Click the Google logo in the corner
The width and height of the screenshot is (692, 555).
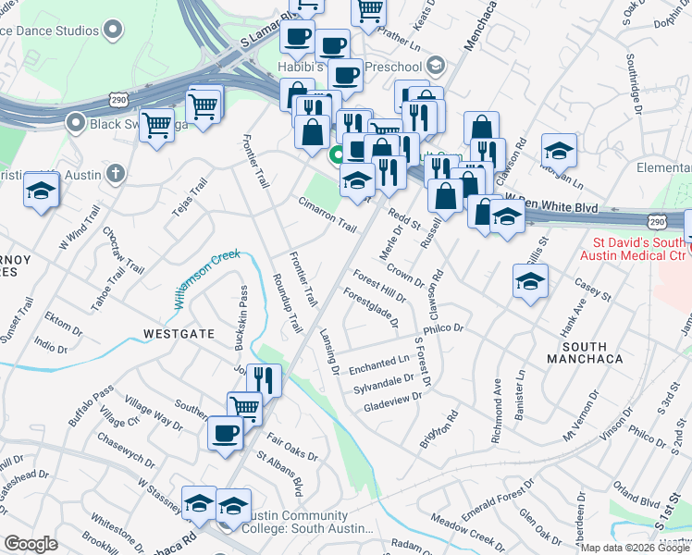31,544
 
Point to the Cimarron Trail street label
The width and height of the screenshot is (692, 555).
327,216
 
